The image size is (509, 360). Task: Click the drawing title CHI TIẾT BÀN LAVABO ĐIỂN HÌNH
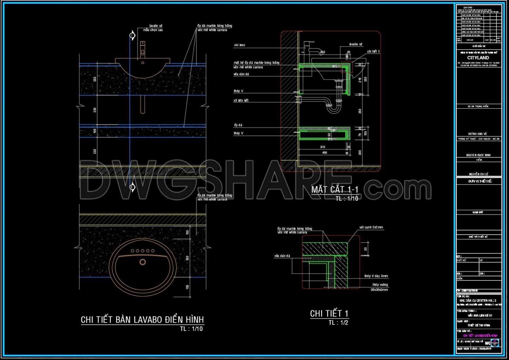point(142,320)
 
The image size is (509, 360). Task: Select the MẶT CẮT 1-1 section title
point(335,190)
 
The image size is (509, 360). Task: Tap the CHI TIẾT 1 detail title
point(329,313)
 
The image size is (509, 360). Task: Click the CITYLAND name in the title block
point(478,58)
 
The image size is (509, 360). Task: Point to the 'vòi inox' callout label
point(239,45)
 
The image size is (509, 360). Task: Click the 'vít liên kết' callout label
point(241,101)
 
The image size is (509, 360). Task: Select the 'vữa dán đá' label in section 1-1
point(241,74)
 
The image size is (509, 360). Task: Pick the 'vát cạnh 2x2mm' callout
point(371,228)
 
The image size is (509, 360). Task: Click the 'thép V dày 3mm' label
point(376,276)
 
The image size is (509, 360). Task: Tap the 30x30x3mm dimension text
point(379,290)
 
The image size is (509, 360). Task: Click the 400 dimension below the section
point(324,153)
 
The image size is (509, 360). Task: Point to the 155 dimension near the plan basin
point(187,287)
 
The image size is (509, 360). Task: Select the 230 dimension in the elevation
point(95,110)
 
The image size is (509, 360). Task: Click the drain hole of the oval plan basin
point(143,262)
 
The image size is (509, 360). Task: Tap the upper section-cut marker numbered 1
point(132,35)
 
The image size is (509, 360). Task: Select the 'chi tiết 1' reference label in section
point(373,52)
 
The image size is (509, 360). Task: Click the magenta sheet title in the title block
point(480,336)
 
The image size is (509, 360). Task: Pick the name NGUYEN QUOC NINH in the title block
point(478,155)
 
